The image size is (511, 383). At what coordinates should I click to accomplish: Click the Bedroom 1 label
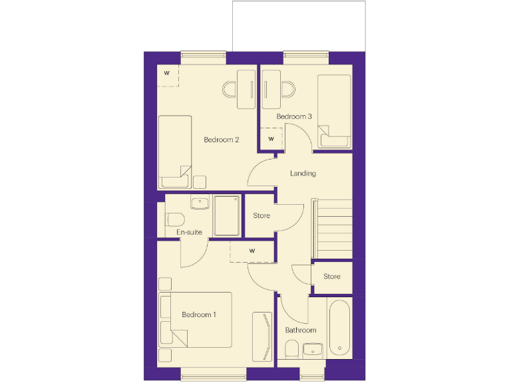pos(199,315)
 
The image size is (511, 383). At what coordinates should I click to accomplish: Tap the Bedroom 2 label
pos(222,140)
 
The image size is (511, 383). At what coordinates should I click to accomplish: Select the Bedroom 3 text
pos(294,116)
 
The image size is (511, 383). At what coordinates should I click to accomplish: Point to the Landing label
pos(303,174)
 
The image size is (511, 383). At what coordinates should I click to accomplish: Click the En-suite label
pos(189,232)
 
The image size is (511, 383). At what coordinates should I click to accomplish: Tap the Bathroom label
pos(301,330)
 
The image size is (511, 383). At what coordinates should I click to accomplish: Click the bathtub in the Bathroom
pos(339,326)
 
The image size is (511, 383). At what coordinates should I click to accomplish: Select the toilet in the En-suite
pos(174,219)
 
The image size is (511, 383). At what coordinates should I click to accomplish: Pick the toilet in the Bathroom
pos(291,348)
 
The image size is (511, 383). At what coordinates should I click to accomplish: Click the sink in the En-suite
pos(199,203)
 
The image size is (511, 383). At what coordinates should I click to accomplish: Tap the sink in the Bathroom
pos(312,349)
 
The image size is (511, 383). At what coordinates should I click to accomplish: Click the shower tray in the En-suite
pos(227,215)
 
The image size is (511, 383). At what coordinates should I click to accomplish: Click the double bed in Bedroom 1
pos(196,319)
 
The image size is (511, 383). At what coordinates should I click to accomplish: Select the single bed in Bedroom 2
pos(175,152)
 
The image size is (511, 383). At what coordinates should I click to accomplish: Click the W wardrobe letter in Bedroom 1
pos(252,251)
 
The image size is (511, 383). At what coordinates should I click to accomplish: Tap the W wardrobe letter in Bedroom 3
pos(271,139)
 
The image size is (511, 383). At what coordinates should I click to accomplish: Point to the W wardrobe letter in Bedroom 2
pos(166,72)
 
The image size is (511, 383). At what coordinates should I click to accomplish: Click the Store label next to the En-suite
pos(261,215)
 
